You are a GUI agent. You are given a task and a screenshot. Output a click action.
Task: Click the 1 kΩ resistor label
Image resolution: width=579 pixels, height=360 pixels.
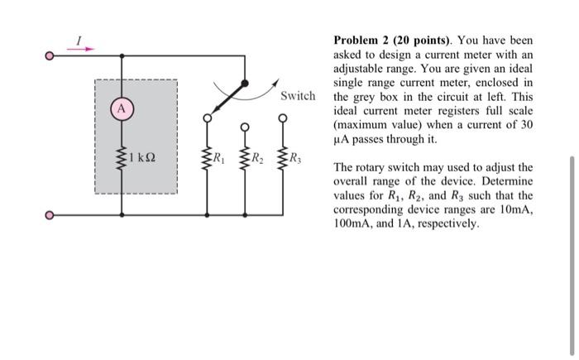(x=142, y=156)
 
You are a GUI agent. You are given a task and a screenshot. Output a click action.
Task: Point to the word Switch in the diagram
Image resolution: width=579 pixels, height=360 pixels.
(x=298, y=96)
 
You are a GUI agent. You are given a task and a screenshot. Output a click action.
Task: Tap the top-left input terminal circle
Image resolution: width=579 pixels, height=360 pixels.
(x=49, y=56)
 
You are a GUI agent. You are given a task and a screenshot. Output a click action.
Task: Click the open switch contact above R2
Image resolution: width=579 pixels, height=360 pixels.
(x=245, y=127)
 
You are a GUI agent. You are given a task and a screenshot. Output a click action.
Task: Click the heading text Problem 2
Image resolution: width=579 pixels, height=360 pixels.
(x=361, y=41)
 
